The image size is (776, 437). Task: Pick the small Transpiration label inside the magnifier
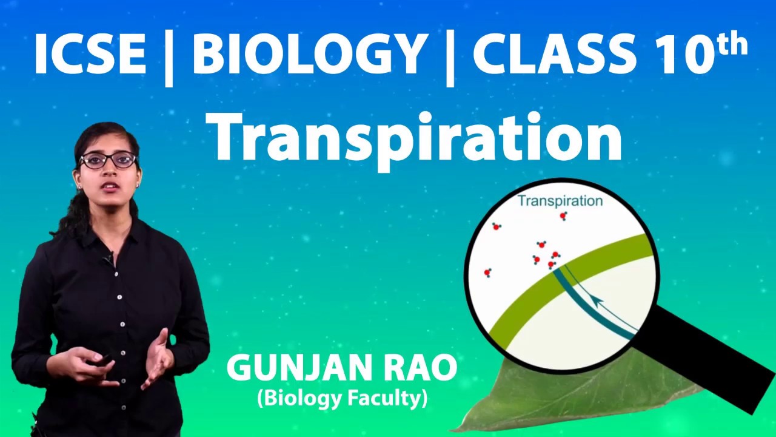(x=560, y=201)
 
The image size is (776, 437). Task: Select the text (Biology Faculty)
(x=342, y=399)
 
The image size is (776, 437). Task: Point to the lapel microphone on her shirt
(x=109, y=258)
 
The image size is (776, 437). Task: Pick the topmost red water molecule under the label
(x=563, y=216)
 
